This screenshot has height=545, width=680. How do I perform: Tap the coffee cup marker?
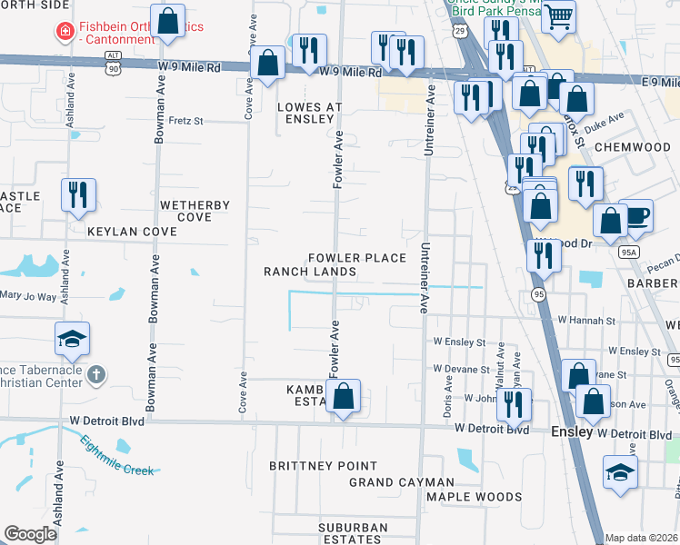coord(636,215)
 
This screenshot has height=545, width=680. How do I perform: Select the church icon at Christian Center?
coord(97,374)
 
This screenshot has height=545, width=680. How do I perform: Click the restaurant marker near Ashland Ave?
coord(76,194)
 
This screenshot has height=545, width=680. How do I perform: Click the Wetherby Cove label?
coord(195,211)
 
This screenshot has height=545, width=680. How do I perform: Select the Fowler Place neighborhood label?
coord(356,258)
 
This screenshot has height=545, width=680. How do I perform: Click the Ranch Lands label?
coord(310,272)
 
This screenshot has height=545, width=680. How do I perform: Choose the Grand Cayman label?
coord(401,482)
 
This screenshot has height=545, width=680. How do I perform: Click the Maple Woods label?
coord(475,497)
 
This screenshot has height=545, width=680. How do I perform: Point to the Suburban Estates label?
coord(354,533)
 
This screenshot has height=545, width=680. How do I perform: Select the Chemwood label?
coord(632,146)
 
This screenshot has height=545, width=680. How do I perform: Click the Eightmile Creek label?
coord(118,457)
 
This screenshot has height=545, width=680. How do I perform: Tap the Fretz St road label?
coord(185,120)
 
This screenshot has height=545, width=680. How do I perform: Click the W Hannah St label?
coord(587,321)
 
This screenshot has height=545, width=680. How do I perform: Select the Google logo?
coord(30,534)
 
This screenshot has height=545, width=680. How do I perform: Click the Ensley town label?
coord(572,433)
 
